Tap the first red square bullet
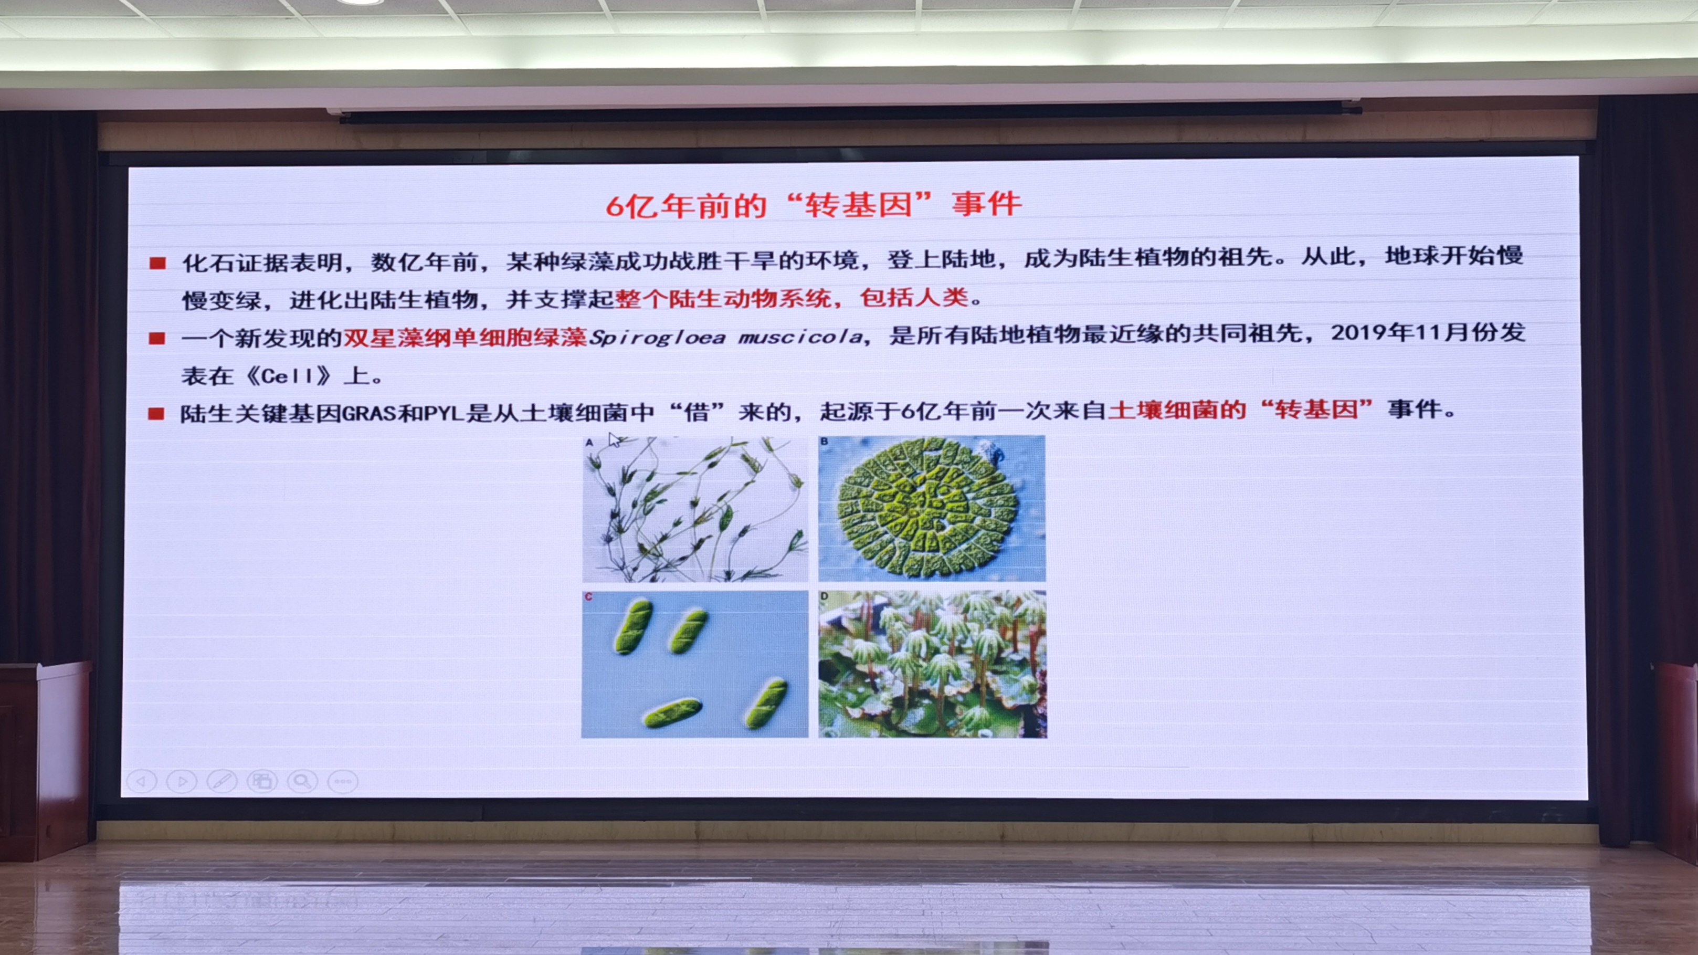click(x=157, y=263)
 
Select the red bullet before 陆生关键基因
click(x=156, y=414)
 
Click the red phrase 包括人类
click(x=914, y=298)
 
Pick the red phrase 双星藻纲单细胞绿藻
click(x=465, y=338)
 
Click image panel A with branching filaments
click(x=695, y=509)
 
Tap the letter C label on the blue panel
click(x=588, y=597)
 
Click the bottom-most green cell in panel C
click(x=672, y=713)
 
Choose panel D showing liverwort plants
click(x=932, y=664)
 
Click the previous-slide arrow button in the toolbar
click(x=142, y=782)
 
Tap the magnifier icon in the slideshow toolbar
click(x=302, y=782)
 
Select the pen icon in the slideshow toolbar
click(x=222, y=782)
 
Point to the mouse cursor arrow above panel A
click(x=614, y=440)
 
